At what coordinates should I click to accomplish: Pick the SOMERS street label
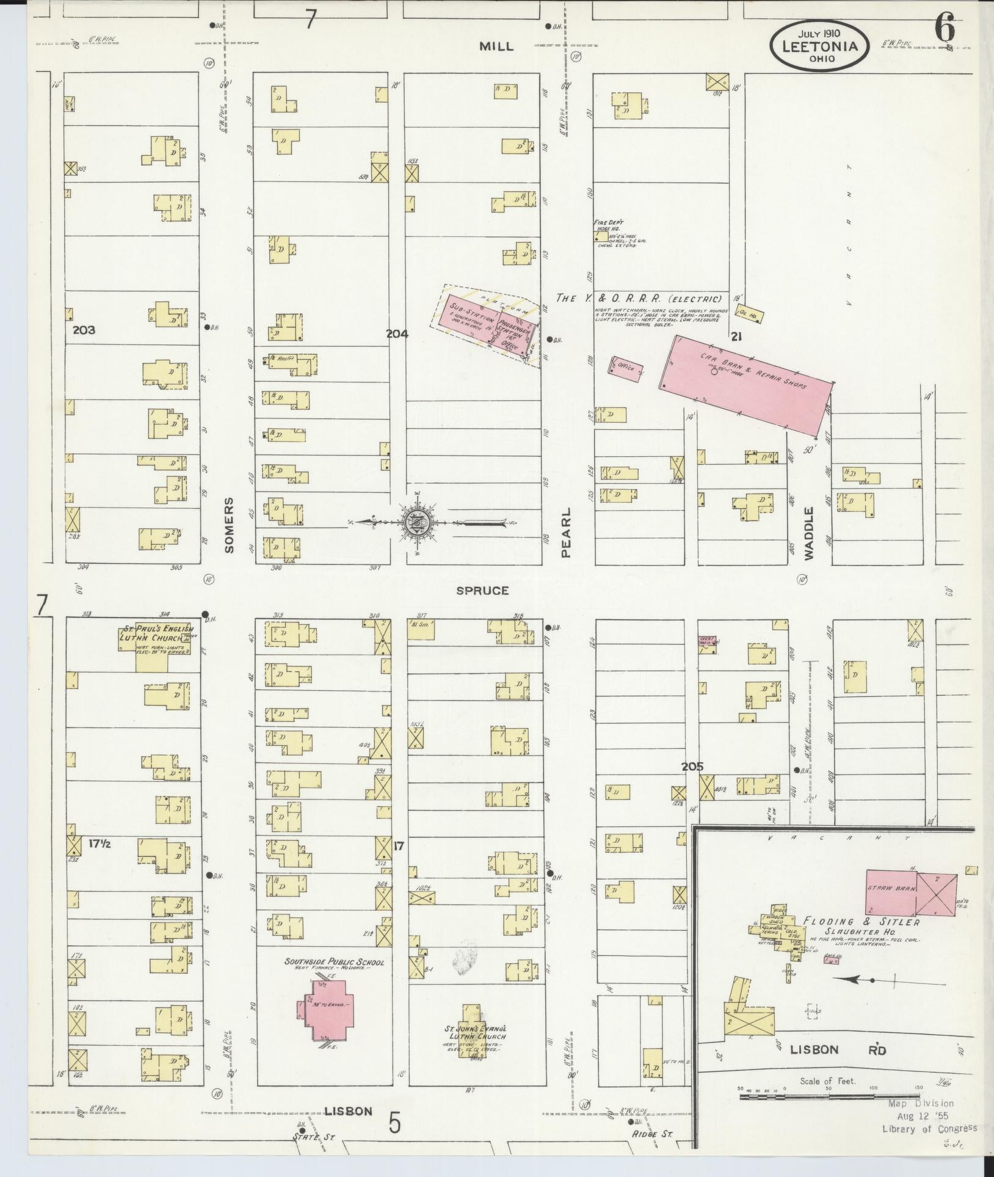coord(229,525)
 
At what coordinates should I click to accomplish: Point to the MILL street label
coord(496,46)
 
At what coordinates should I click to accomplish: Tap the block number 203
coord(84,330)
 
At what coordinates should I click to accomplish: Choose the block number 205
coord(692,767)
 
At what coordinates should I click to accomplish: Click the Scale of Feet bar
coord(827,1097)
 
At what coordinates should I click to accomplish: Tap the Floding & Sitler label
coord(861,922)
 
